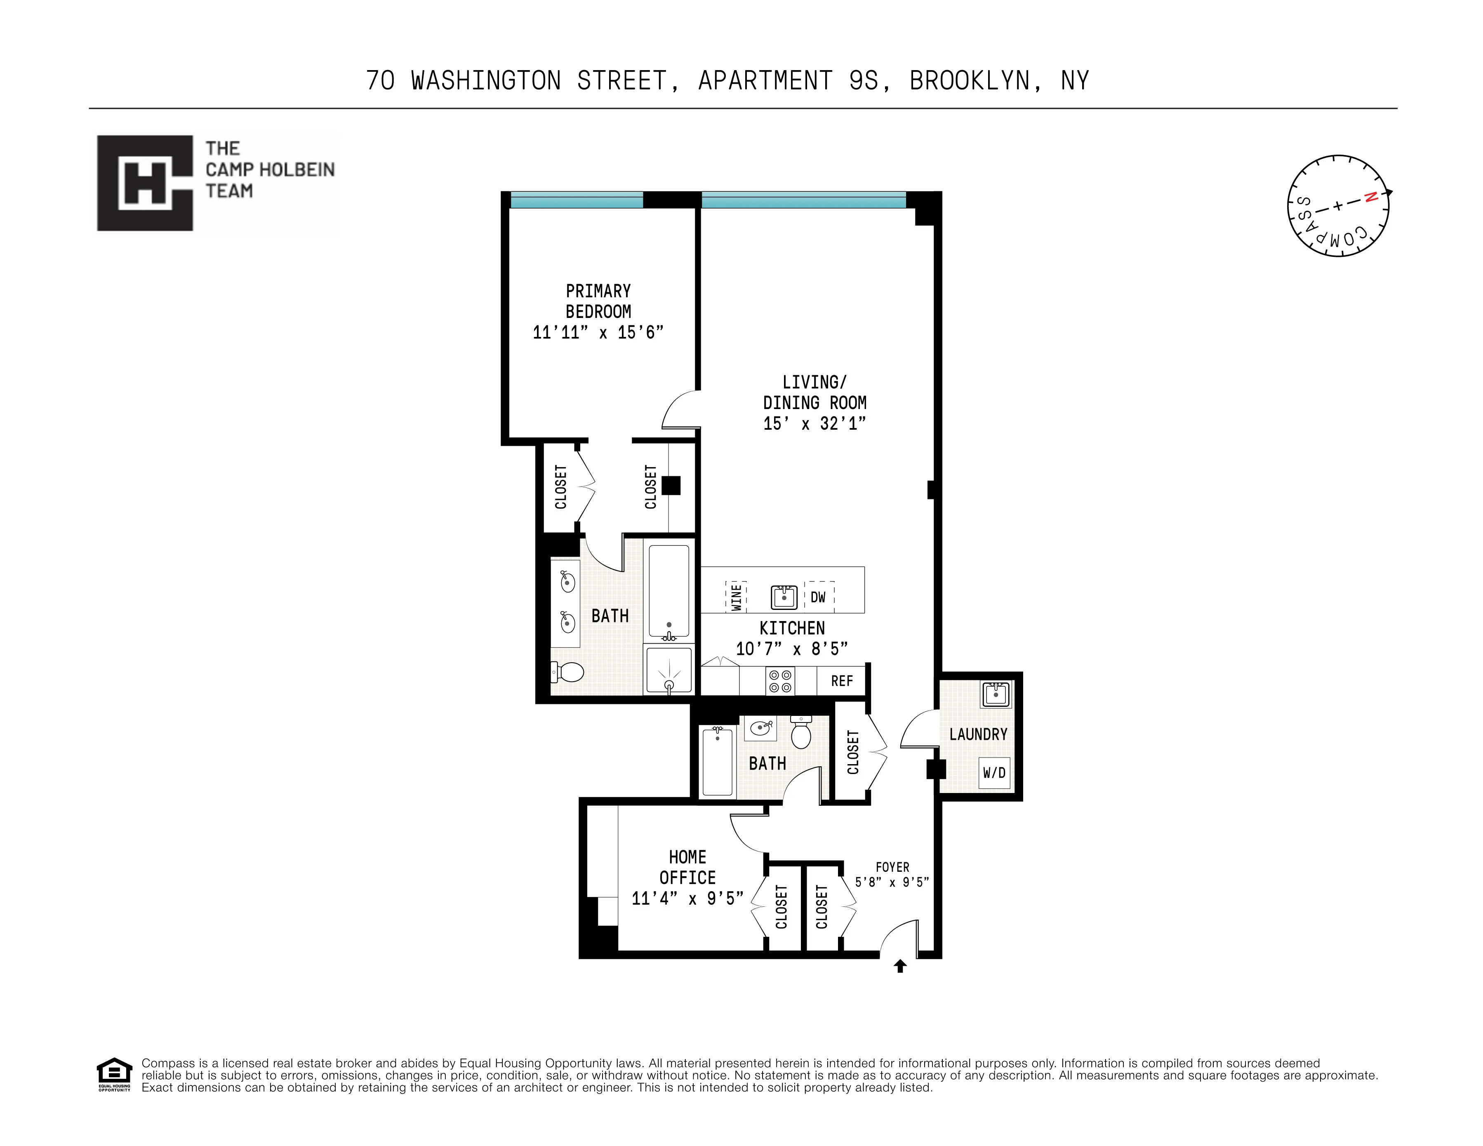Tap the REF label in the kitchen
[841, 680]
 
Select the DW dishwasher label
[818, 597]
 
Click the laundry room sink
[996, 694]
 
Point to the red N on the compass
[1371, 198]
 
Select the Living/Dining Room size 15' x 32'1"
[814, 423]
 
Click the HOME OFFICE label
[687, 867]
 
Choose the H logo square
[145, 183]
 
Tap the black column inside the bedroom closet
[671, 485]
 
